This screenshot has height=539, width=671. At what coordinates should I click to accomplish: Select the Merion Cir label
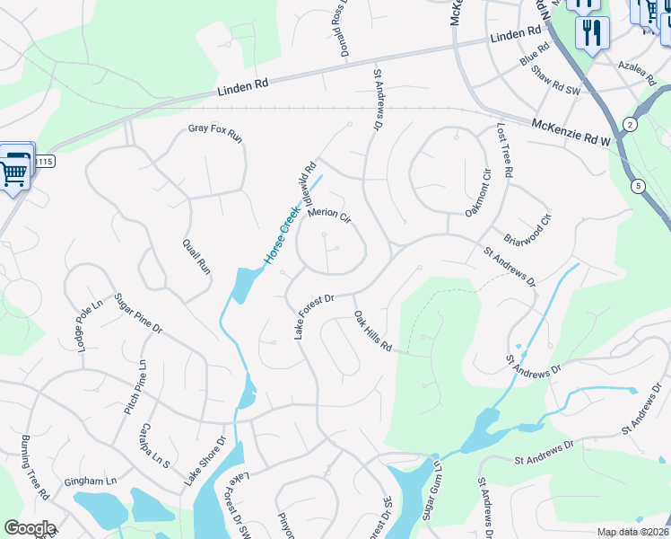[328, 216]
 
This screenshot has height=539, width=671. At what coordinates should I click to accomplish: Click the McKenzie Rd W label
[571, 133]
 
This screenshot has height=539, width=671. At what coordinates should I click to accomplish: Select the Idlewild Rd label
[303, 185]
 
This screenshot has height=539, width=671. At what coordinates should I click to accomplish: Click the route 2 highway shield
[631, 124]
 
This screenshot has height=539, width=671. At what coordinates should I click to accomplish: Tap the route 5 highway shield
[638, 186]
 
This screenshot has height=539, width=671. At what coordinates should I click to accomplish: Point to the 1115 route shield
[46, 162]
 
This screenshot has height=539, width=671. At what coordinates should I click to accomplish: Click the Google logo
[30, 528]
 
